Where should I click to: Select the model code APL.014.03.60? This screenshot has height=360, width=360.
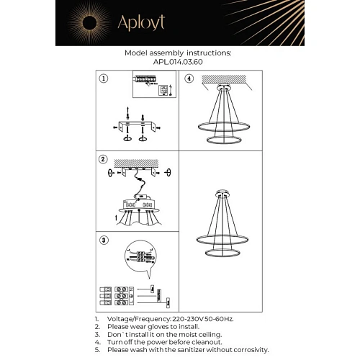click(178, 62)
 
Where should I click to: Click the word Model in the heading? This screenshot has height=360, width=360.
click(137, 53)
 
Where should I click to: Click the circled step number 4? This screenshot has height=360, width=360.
click(189, 78)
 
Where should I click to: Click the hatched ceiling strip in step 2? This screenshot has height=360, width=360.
click(138, 163)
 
